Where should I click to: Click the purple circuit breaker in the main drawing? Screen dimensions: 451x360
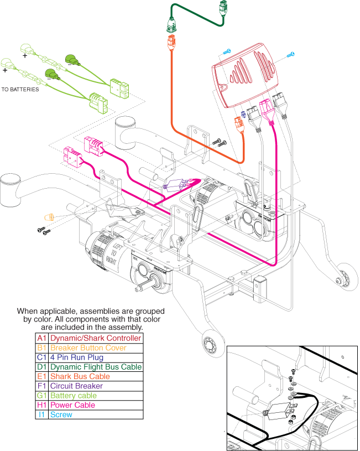(x=176, y=186)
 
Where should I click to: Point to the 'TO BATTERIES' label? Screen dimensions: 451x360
(x=20, y=89)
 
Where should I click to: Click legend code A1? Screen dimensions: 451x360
(x=41, y=338)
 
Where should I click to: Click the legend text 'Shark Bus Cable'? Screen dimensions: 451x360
(x=76, y=376)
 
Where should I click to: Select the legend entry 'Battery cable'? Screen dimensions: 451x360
(x=73, y=395)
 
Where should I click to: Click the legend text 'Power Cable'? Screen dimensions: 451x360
(x=72, y=405)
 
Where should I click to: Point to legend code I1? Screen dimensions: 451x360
(x=41, y=414)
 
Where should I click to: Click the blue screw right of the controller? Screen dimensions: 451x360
(x=291, y=54)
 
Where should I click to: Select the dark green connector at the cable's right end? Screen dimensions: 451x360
(x=222, y=8)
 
